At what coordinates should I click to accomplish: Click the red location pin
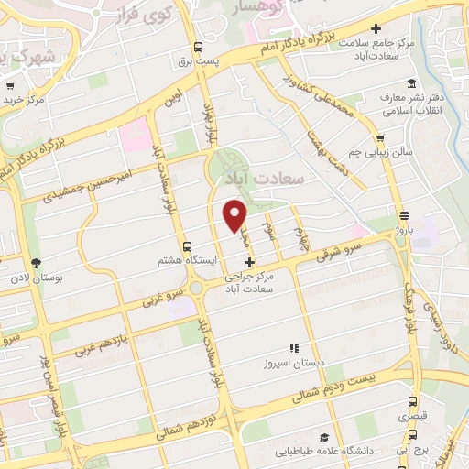coord(236,214)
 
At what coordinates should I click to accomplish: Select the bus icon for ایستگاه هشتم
coord(187,246)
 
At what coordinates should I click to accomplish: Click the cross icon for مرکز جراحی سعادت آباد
coord(249,263)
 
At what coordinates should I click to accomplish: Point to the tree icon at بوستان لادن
coord(36,264)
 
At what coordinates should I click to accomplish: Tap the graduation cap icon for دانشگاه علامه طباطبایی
coord(322,438)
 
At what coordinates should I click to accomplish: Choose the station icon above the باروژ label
coord(404,216)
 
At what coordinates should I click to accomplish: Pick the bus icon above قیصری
coord(413,400)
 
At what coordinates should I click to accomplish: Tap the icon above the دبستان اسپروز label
coord(293,348)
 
